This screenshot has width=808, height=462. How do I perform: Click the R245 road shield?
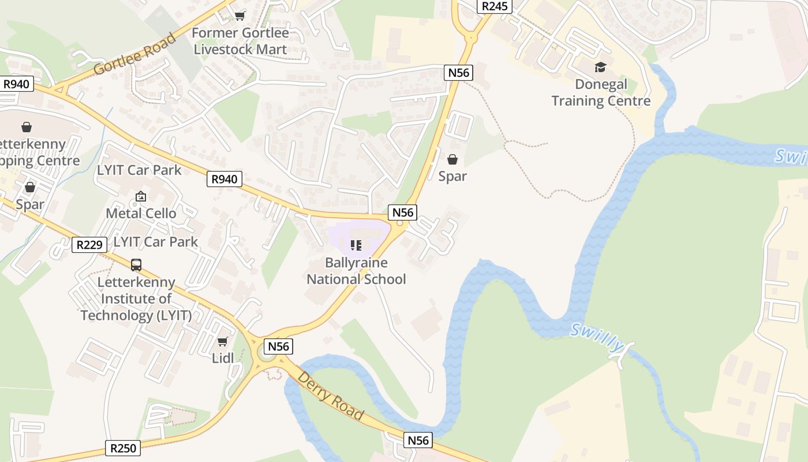pos(495,6)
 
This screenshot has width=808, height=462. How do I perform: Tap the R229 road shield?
pos(89,245)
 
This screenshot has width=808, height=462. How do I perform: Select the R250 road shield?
pos(123,448)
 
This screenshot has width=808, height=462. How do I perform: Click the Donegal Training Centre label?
pos(601,92)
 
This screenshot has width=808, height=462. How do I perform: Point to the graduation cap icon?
pos(601,67)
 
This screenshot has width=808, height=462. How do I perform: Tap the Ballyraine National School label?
pos(356,271)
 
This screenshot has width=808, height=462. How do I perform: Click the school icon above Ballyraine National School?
pos(356,245)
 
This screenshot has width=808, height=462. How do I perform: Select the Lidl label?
pos(223,358)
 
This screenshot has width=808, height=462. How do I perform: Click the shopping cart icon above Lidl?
pos(223,341)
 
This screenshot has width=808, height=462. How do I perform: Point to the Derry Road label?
pos(330,396)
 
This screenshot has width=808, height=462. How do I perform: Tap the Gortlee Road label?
pos(134,54)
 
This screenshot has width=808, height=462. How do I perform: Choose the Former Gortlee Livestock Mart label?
pos(240,41)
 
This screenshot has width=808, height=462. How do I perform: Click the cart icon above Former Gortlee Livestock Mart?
pos(240,16)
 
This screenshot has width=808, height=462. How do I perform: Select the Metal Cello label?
pos(141,214)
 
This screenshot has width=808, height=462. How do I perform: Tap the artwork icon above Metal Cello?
pos(141,197)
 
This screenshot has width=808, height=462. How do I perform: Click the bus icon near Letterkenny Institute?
pos(136,265)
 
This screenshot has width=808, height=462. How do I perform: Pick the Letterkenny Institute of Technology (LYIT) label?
pos(136,299)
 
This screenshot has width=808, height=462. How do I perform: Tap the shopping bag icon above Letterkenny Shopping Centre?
pos(26,126)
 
